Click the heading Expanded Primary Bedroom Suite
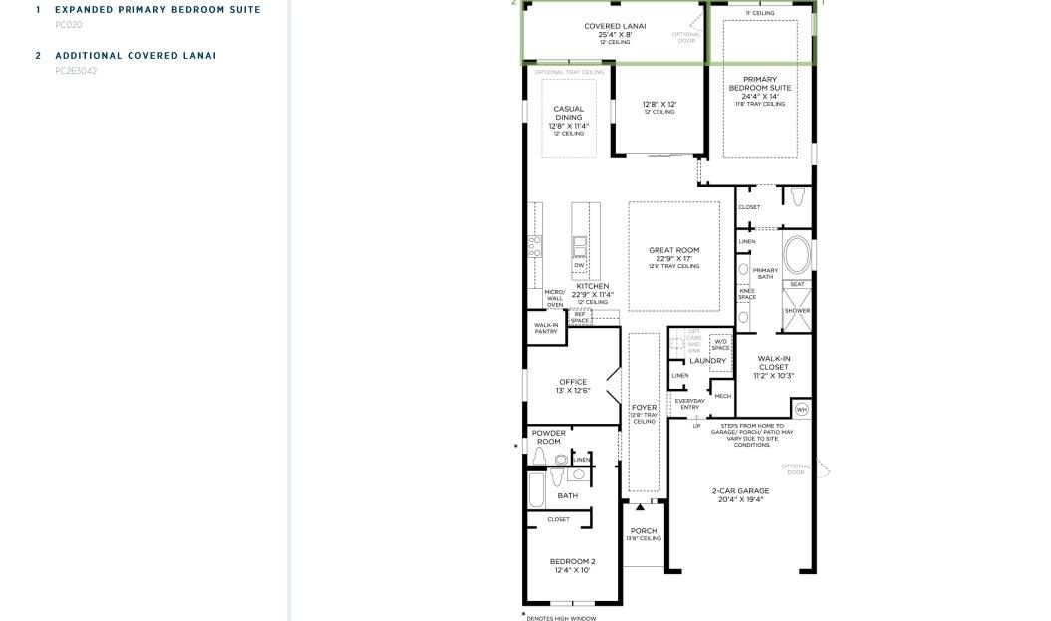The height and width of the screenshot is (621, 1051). pyautogui.click(x=157, y=10)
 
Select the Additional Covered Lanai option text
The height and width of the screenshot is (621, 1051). pyautogui.click(x=135, y=56)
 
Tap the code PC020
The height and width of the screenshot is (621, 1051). pyautogui.click(x=69, y=25)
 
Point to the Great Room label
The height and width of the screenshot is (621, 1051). pyautogui.click(x=674, y=251)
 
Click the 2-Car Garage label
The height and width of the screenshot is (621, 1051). pyautogui.click(x=740, y=491)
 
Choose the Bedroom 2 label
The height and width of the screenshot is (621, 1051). pyautogui.click(x=572, y=562)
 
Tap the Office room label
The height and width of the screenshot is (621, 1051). pyautogui.click(x=573, y=383)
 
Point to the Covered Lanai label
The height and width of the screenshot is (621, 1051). pyautogui.click(x=615, y=27)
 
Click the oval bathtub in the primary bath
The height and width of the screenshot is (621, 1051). pyautogui.click(x=797, y=256)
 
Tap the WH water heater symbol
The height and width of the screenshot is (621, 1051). pyautogui.click(x=802, y=409)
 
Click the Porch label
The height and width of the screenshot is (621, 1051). pyautogui.click(x=644, y=531)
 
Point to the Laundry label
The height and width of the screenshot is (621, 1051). pyautogui.click(x=707, y=361)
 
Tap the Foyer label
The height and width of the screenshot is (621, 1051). pyautogui.click(x=645, y=408)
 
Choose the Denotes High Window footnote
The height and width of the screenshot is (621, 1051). pyautogui.click(x=561, y=618)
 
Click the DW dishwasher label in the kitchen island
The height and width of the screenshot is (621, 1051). pyautogui.click(x=579, y=266)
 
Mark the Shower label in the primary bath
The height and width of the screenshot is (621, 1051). pyautogui.click(x=797, y=311)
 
